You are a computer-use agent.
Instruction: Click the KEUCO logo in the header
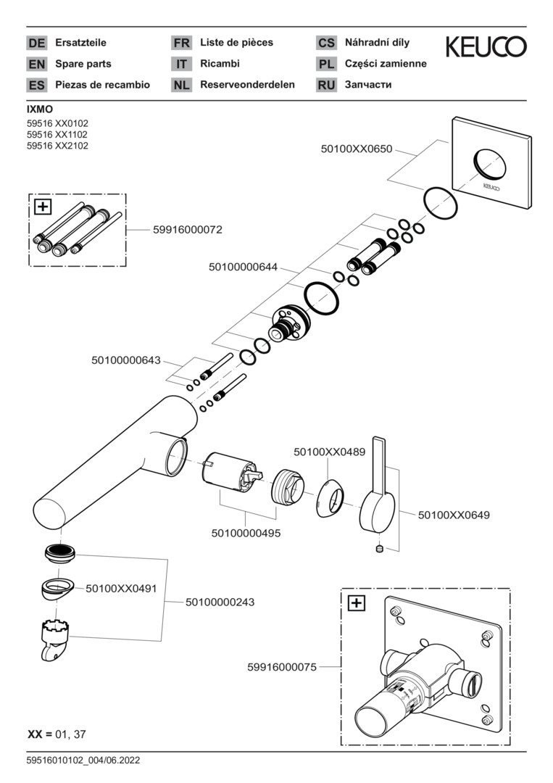pos(486,47)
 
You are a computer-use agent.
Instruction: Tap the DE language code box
pos(36,43)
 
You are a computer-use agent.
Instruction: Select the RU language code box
pos(326,85)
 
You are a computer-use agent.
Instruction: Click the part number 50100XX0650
pos(357,149)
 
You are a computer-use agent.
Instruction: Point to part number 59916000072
pos(188,229)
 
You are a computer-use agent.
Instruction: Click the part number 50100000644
pos(244,267)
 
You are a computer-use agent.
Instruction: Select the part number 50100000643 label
pos(126,359)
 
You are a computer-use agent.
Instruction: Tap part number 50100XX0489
pos(329,451)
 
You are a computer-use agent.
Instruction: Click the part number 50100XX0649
pos(454,515)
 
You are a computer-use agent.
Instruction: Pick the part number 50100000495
pos(246,533)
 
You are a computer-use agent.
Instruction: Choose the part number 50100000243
pos(220,602)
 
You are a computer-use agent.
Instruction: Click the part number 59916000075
pos(283,667)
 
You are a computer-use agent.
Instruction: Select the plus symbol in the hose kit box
pos(43,207)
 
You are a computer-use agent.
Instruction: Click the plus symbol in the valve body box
pos(357,602)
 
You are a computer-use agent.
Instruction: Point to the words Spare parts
pos(83,64)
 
